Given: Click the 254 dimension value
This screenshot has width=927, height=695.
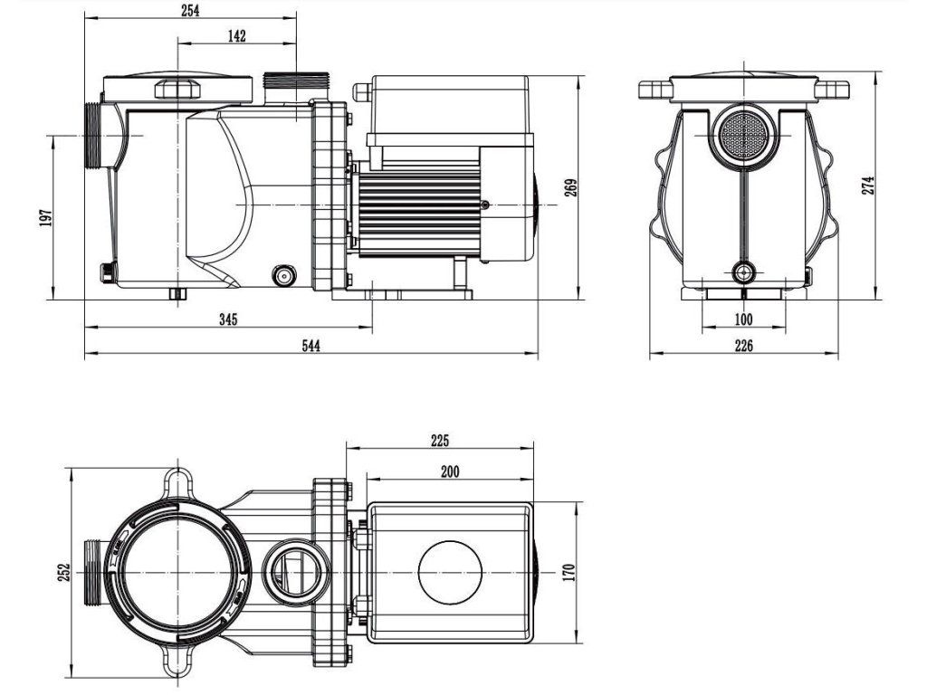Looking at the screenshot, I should click(190, 11).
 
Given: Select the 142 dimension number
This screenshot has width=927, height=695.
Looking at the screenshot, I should click(237, 36).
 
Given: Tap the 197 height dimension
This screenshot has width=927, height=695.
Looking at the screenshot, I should click(46, 217).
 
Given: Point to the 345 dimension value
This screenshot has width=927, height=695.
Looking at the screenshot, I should click(227, 320).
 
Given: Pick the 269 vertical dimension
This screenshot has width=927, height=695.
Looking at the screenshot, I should click(571, 188).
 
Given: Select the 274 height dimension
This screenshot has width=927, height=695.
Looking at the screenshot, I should click(869, 186).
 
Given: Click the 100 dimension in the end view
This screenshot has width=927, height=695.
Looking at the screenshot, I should click(743, 319).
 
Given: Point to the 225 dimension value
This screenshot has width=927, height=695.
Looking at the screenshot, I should click(439, 442).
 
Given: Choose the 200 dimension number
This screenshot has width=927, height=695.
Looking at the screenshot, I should click(450, 471).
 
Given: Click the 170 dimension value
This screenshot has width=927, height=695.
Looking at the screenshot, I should click(569, 573).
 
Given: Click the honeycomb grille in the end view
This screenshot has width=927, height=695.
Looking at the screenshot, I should click(742, 135).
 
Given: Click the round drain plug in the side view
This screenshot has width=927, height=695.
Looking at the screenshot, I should click(284, 274).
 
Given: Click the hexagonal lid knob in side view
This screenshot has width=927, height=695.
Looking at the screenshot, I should click(178, 89).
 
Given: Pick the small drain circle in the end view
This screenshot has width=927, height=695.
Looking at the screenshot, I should click(743, 271).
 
